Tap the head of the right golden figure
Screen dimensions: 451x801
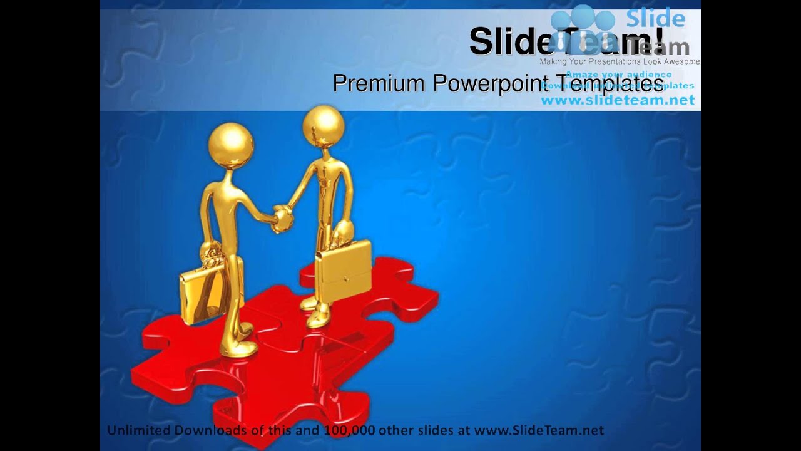(323, 123)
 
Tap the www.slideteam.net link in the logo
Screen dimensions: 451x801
(618, 100)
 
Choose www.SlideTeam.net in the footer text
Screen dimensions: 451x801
(539, 430)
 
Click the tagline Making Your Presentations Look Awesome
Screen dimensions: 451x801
(620, 61)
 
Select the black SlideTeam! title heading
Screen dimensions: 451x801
(566, 41)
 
